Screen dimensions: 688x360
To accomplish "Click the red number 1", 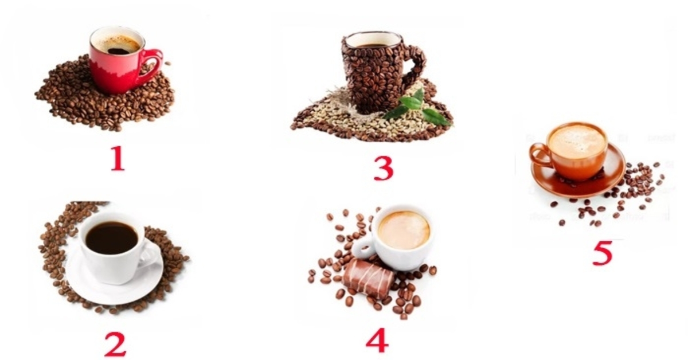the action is tap(118, 158).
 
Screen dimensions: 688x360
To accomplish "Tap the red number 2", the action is tap(115, 345).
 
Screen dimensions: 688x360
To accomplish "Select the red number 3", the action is tap(384, 169).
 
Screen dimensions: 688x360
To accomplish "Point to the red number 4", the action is tap(377, 341).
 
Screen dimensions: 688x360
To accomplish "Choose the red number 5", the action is tap(603, 252).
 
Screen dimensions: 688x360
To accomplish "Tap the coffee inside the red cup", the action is tap(118, 45).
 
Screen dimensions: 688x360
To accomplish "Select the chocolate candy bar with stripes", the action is tap(368, 279).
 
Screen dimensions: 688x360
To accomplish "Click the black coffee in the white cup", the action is tap(111, 238).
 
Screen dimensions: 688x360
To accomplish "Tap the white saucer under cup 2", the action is tap(114, 285).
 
